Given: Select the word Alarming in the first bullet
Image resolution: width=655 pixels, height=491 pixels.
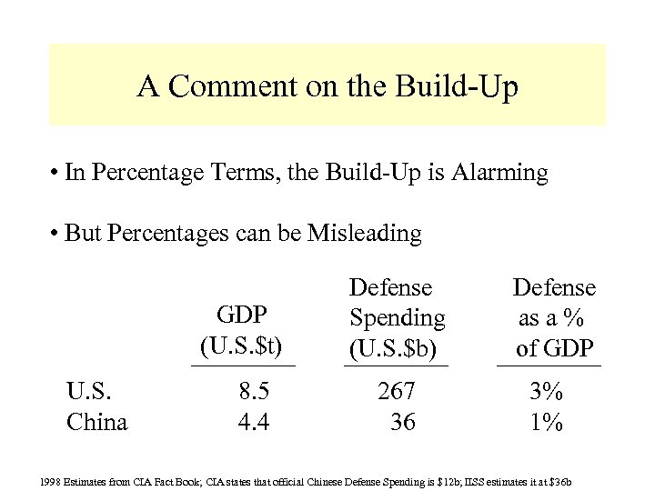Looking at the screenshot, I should [x=497, y=174].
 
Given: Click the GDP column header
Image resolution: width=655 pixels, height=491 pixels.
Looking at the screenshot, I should [x=242, y=315].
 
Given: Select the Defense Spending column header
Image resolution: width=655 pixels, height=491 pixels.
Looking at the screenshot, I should [x=397, y=304].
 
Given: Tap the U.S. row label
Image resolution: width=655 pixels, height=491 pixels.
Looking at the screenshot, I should [x=90, y=393].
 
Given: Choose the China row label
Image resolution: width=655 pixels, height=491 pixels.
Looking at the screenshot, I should [x=97, y=422].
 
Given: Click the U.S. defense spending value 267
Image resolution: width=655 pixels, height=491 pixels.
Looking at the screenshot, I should [x=397, y=393].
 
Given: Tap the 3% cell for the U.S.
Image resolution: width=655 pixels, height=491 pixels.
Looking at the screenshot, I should [x=547, y=393].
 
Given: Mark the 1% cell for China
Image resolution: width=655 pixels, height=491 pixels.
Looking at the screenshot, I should [x=547, y=422].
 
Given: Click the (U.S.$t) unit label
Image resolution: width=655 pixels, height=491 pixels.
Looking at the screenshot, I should [x=242, y=346].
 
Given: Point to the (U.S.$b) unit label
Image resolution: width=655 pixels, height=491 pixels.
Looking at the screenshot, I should [x=397, y=346].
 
